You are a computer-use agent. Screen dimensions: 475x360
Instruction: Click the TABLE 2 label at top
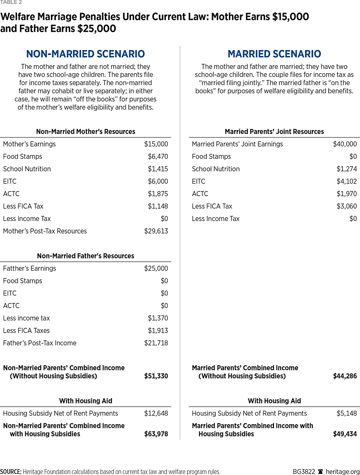(x=11, y=2)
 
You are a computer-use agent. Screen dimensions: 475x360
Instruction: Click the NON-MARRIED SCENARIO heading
(x=86, y=54)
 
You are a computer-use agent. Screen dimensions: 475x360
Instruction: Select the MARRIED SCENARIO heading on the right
(x=274, y=54)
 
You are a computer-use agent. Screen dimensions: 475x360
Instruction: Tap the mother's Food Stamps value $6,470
(x=158, y=157)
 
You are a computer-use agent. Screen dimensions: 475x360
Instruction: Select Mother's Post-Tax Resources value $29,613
(x=156, y=231)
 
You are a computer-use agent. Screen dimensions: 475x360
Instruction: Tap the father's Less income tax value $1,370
(x=158, y=318)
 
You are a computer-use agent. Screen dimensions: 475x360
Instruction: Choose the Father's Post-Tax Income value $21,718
(x=156, y=343)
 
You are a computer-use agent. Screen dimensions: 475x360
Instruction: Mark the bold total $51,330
(x=156, y=376)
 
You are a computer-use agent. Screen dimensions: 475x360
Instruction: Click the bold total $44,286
(x=345, y=376)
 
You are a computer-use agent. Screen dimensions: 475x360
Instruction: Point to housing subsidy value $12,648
(x=156, y=414)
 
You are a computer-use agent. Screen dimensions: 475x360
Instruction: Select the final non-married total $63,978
(x=156, y=434)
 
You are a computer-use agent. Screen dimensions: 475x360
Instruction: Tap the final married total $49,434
(x=345, y=434)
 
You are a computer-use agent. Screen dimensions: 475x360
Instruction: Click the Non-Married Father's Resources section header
(x=86, y=256)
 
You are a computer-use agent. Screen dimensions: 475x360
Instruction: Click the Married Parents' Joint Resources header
(x=274, y=132)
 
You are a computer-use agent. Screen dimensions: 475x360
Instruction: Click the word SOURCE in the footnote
(x=11, y=472)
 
